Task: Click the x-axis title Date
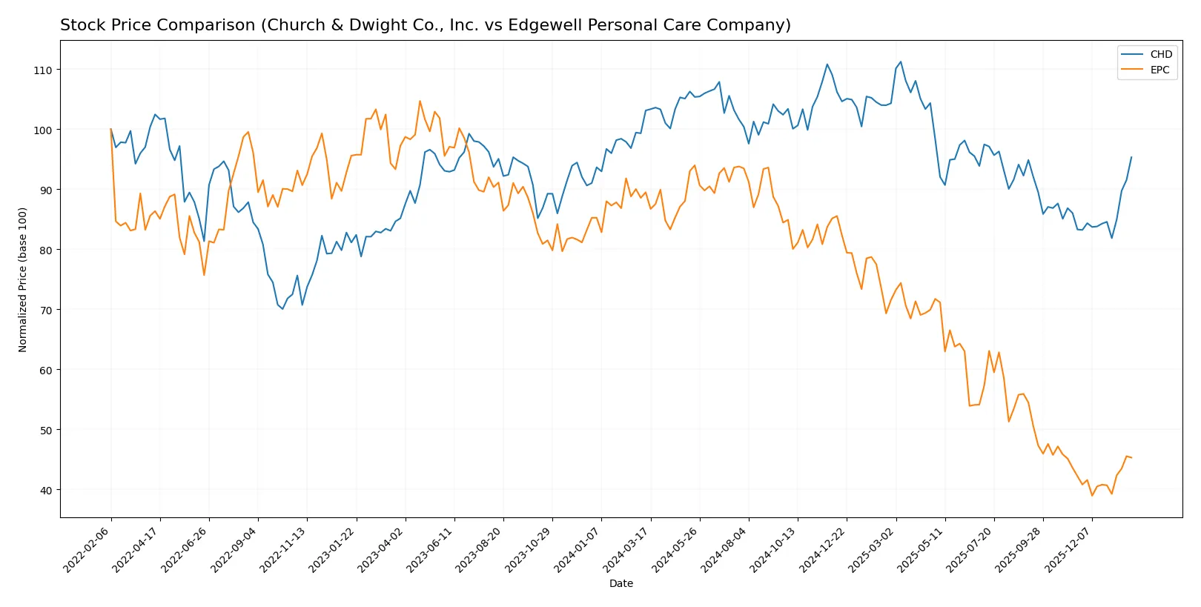click(x=621, y=583)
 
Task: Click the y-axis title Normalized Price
click(x=23, y=279)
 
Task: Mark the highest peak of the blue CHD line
click(x=900, y=62)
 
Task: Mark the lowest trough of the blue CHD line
click(x=282, y=309)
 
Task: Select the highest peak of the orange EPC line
click(x=420, y=101)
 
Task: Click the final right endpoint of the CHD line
click(x=1131, y=157)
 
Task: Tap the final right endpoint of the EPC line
click(x=1131, y=457)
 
